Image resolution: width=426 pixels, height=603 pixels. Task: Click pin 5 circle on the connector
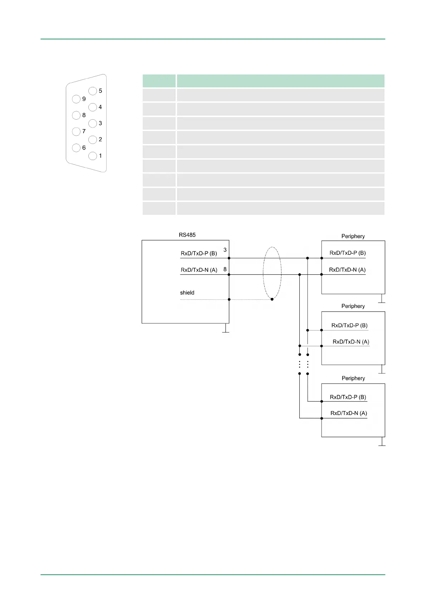(x=93, y=91)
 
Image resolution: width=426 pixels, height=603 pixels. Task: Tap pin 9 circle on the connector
(x=76, y=99)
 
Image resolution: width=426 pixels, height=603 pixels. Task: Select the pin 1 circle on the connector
(x=93, y=156)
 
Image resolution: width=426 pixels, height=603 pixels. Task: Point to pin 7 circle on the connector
(x=76, y=131)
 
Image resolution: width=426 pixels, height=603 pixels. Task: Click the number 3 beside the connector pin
(x=100, y=123)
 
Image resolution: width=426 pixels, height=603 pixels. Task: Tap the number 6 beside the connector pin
(x=84, y=148)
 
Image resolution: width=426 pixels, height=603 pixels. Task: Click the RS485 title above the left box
(x=187, y=235)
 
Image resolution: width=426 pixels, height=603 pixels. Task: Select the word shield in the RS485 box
(x=187, y=293)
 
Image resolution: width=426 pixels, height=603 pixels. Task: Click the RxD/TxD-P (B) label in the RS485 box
(x=199, y=253)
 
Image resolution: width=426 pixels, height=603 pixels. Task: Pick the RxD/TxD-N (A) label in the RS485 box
(x=199, y=270)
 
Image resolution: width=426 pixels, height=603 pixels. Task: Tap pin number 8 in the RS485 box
(x=225, y=269)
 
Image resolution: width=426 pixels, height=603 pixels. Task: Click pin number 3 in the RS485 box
(x=225, y=250)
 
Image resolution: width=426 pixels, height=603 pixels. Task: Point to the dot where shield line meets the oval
(x=272, y=299)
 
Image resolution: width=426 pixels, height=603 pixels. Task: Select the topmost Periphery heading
(x=353, y=236)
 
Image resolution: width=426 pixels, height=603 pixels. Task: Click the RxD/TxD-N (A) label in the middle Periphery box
(x=351, y=342)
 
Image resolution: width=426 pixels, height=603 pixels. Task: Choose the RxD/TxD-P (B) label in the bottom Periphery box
(x=348, y=397)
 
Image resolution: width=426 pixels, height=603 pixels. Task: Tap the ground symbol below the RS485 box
(x=226, y=330)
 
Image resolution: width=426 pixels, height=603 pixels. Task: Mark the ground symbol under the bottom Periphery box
(x=382, y=444)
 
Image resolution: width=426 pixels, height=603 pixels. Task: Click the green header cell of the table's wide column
(x=280, y=81)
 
